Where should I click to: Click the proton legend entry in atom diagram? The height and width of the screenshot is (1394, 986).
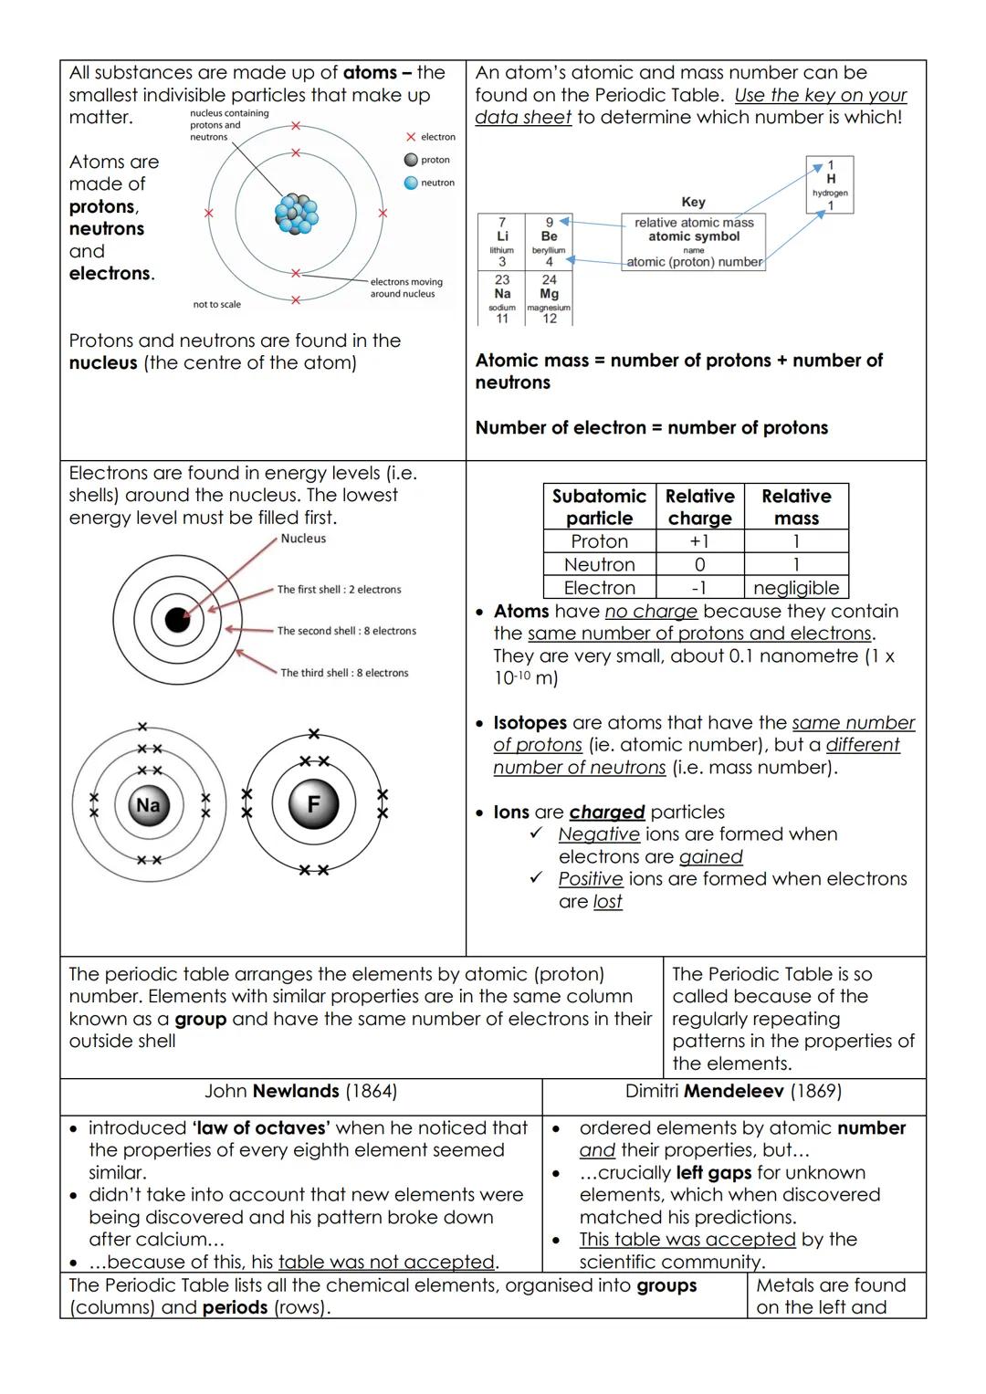pyautogui.click(x=426, y=160)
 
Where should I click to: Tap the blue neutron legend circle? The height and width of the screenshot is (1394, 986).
pyautogui.click(x=411, y=183)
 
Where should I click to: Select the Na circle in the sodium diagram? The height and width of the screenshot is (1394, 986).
pyautogui.click(x=148, y=805)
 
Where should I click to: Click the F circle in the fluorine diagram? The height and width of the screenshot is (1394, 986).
pyautogui.click(x=313, y=804)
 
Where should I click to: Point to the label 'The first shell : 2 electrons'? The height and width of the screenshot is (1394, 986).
pyautogui.click(x=339, y=590)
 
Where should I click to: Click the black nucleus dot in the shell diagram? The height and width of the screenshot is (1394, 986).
pyautogui.click(x=177, y=620)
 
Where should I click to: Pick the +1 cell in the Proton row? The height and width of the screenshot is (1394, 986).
pyautogui.click(x=699, y=541)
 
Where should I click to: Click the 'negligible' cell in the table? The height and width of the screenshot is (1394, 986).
pyautogui.click(x=796, y=588)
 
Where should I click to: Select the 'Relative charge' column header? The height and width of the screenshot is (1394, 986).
pyautogui.click(x=699, y=507)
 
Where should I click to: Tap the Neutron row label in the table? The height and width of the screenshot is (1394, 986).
pyautogui.click(x=599, y=565)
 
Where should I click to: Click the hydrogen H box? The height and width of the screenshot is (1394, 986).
pyautogui.click(x=830, y=185)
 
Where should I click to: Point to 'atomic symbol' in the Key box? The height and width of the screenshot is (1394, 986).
pyautogui.click(x=694, y=236)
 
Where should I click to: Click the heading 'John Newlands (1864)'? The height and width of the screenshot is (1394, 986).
pyautogui.click(x=300, y=1091)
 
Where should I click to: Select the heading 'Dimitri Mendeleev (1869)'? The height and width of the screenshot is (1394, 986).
pyautogui.click(x=733, y=1091)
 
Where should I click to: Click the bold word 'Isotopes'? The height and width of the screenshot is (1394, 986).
pyautogui.click(x=530, y=723)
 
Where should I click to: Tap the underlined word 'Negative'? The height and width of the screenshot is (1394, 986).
pyautogui.click(x=599, y=834)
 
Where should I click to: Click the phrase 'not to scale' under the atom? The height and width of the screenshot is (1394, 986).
pyautogui.click(x=217, y=305)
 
